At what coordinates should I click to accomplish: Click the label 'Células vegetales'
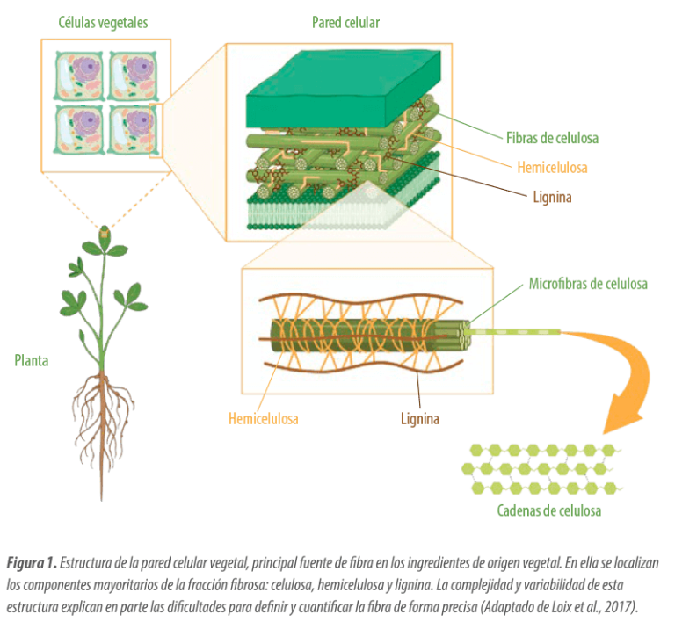coord(103,23)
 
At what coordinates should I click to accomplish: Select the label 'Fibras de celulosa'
coord(552,138)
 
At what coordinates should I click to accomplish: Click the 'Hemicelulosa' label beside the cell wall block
coord(553,167)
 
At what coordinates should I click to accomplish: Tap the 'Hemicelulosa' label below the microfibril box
coord(264,419)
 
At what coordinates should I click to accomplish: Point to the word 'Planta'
coord(32,360)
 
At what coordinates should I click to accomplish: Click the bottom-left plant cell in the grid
coord(79,128)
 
